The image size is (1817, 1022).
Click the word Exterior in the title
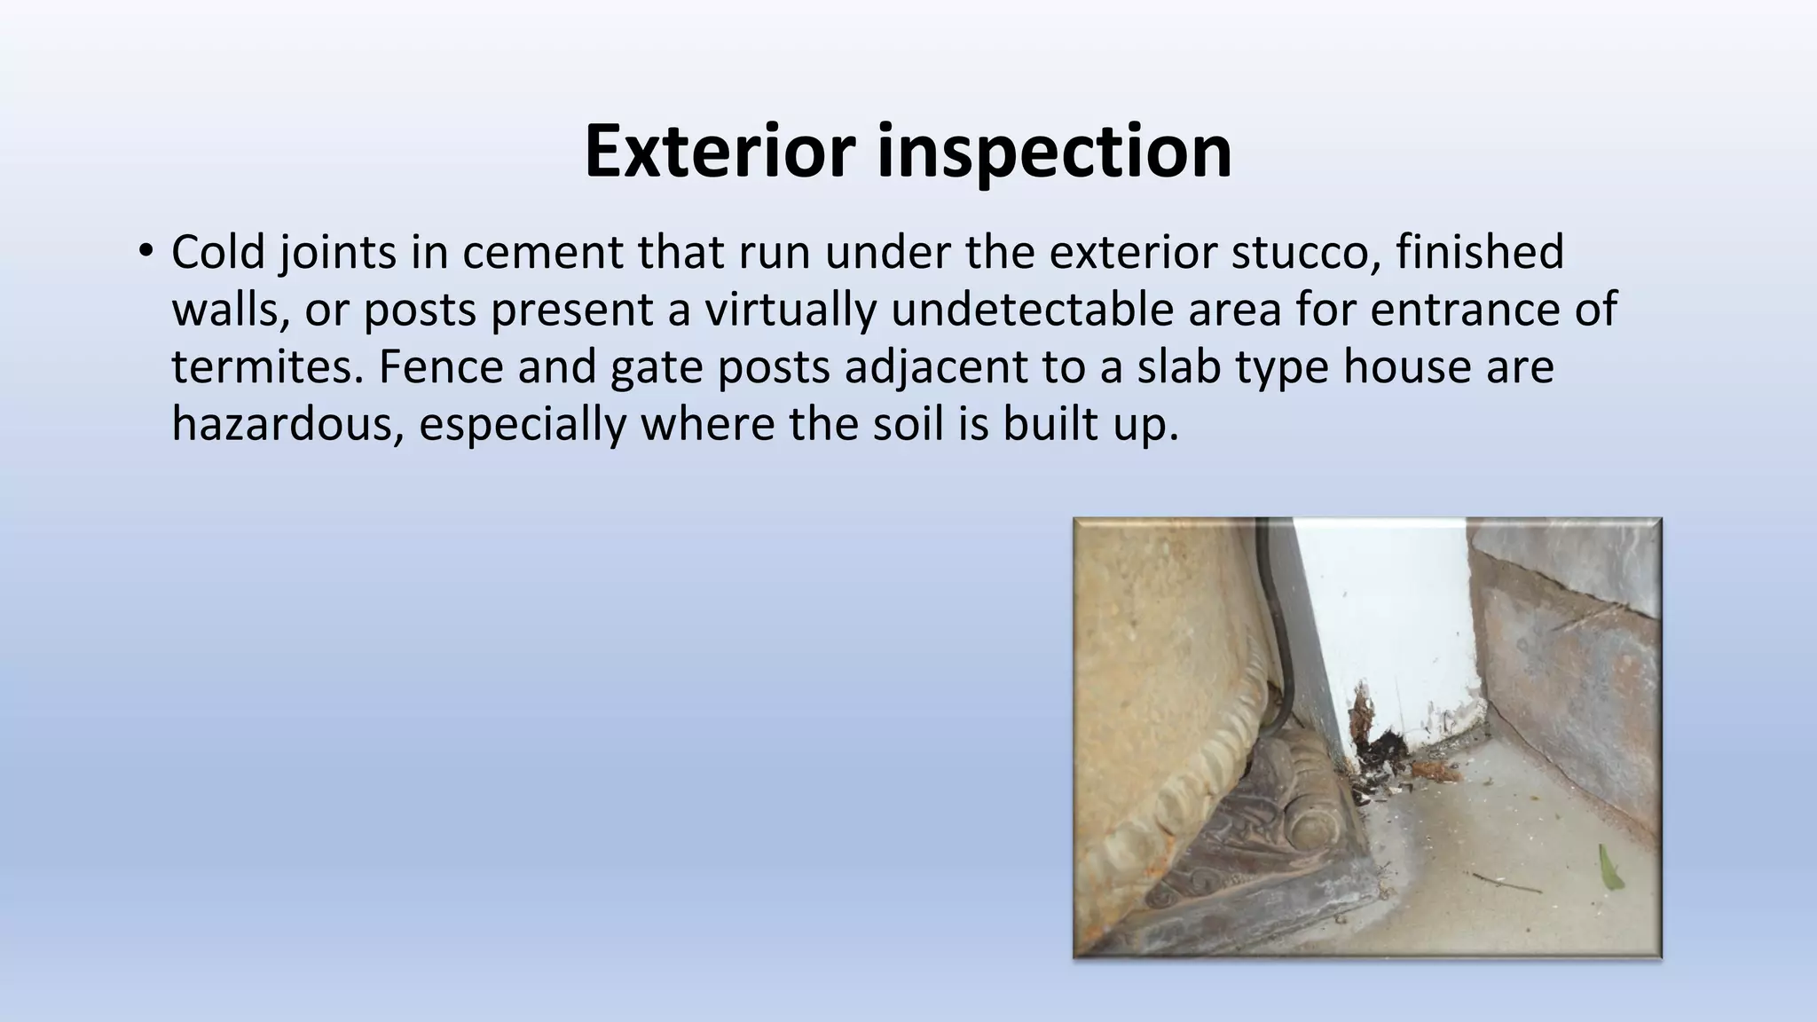720,151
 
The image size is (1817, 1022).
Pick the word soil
904,424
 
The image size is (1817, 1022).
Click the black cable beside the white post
1278,639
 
